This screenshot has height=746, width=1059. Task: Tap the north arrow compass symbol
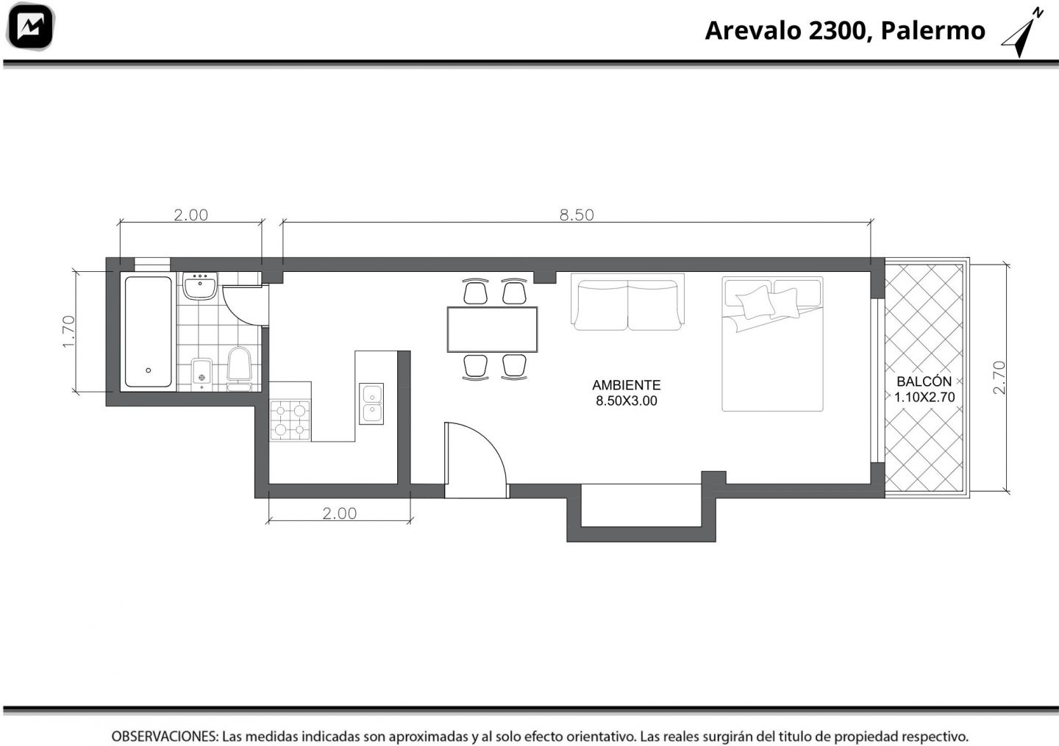(x=1022, y=33)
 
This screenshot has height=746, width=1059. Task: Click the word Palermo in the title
(x=933, y=30)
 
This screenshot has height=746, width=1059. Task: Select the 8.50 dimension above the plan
(x=577, y=215)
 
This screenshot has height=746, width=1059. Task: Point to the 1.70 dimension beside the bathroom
(x=68, y=331)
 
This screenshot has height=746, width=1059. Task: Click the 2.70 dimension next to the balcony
(x=999, y=378)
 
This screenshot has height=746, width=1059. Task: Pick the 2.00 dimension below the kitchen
(x=340, y=513)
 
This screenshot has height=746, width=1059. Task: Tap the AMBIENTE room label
(x=627, y=384)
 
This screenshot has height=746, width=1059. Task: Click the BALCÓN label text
(x=924, y=381)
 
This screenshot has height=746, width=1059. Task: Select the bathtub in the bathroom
(x=149, y=331)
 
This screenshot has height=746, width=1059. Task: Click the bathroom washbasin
(x=200, y=286)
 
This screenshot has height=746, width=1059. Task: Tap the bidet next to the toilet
(x=202, y=374)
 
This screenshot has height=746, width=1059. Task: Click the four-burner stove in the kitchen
(x=290, y=420)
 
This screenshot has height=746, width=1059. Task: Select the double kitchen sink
(x=371, y=404)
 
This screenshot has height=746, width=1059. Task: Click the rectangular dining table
(x=492, y=329)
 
